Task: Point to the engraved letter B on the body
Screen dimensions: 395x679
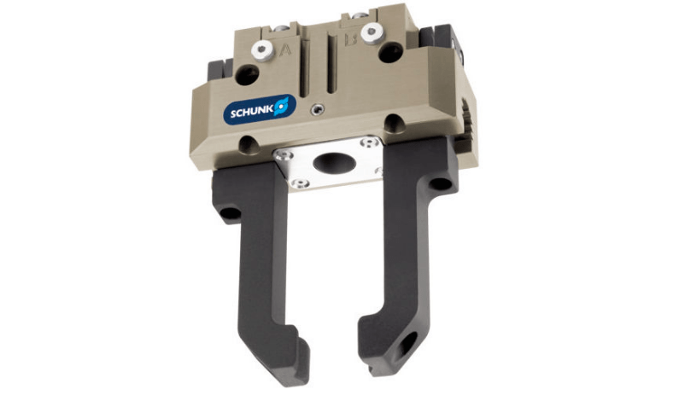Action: pyautogui.click(x=349, y=39)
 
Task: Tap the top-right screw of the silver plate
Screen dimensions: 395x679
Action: pyautogui.click(x=366, y=142)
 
